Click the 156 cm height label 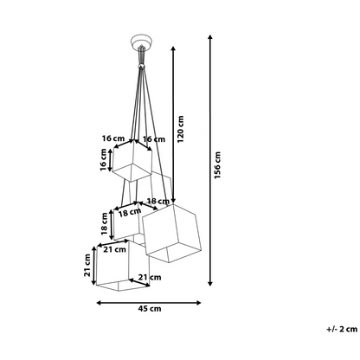click(217, 165)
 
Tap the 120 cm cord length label click(180, 129)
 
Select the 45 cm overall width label click(150, 309)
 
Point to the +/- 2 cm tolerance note click(342, 329)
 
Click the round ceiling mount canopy click(141, 42)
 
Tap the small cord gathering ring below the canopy click(141, 67)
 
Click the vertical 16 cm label click(103, 160)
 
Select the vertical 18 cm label click(104, 223)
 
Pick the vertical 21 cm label click(87, 265)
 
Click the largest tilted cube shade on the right click(172, 233)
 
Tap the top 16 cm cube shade click(132, 161)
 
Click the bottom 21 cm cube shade click(123, 266)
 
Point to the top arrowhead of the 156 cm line click(210, 37)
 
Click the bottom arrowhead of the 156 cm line click(210, 283)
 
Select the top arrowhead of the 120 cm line click(173, 48)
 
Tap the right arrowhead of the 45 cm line click(198, 303)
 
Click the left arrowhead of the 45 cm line click(99, 303)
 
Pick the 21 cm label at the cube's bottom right click(150, 277)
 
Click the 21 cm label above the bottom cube click(115, 249)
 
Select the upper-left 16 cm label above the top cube click(113, 138)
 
